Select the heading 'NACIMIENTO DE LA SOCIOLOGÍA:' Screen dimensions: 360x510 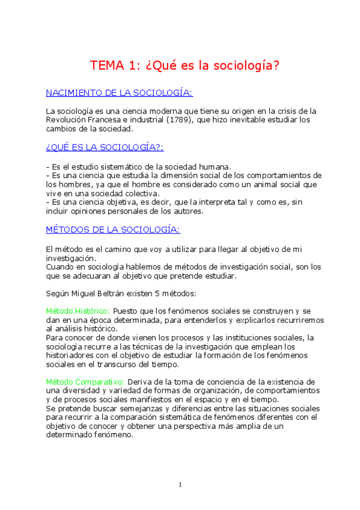click(119, 93)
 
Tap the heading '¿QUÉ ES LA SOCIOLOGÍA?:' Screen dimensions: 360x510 click(105, 147)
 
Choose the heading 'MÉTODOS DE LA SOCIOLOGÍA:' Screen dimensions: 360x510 click(113, 230)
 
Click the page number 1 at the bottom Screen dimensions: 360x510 click(180, 485)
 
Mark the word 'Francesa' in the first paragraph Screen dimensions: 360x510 click(104, 120)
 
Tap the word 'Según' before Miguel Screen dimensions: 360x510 click(58, 293)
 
